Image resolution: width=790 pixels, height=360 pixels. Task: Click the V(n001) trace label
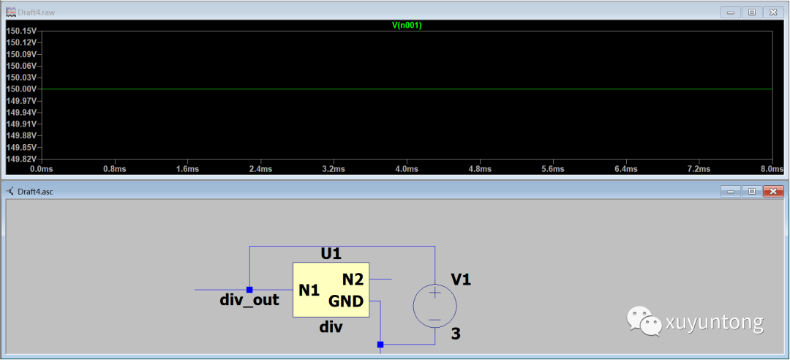(407, 25)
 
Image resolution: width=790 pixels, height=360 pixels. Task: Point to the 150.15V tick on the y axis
(21, 31)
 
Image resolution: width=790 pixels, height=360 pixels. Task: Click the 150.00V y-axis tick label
(21, 89)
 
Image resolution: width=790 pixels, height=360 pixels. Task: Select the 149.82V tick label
(21, 159)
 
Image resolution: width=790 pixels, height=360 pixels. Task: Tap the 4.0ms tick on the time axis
(407, 169)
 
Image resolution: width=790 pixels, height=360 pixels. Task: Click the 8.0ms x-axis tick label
(771, 169)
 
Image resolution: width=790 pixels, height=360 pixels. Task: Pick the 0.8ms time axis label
(115, 169)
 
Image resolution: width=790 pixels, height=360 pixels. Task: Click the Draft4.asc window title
(35, 192)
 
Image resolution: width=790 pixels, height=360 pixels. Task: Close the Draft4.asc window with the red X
(772, 192)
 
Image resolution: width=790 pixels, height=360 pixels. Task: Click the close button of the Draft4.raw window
(772, 12)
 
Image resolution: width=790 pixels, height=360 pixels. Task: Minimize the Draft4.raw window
(729, 12)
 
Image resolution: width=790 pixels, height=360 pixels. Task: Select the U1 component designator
(331, 254)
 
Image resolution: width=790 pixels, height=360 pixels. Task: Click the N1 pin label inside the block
(309, 290)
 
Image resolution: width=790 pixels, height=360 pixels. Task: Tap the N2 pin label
(353, 279)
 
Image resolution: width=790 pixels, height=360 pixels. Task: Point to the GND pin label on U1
(346, 301)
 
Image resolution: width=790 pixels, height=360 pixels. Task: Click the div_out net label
(249, 300)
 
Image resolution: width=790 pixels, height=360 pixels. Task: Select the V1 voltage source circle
(435, 306)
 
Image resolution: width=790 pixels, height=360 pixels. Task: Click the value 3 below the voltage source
(456, 334)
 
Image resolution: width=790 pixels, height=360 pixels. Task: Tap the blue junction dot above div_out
(249, 290)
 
